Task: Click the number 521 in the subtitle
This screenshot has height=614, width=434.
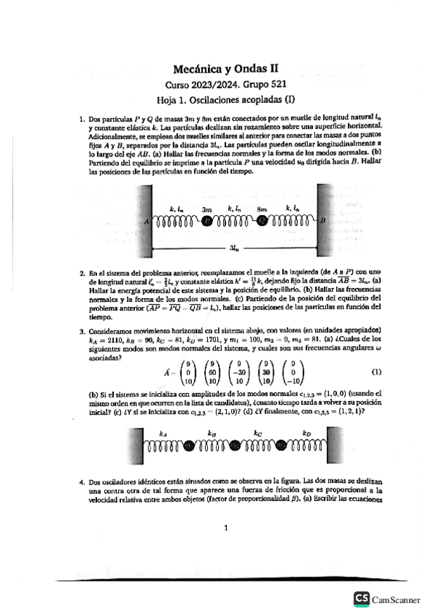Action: [270, 85]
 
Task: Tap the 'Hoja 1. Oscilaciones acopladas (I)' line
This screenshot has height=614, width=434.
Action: [225, 100]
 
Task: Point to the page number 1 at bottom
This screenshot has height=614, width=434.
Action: [225, 528]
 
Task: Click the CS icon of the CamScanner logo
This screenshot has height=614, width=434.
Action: [361, 599]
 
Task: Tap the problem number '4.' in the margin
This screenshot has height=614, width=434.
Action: [82, 481]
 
